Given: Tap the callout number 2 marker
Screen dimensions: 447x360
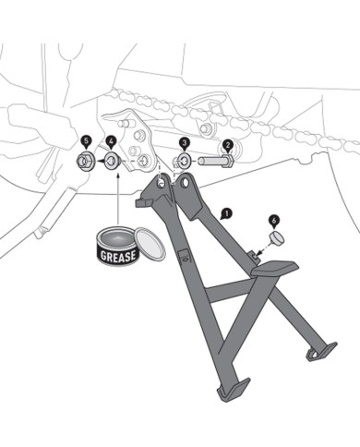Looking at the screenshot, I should coord(227,144).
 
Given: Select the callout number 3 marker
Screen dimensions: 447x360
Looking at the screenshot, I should coord(185,143).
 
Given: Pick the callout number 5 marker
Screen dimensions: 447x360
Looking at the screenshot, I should coord(86,141).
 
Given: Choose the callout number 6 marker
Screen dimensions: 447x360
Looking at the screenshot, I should coord(274,220).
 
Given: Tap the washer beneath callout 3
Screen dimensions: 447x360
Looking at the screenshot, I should coord(185,162).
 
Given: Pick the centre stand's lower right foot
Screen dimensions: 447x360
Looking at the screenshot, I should coord(321,351).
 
